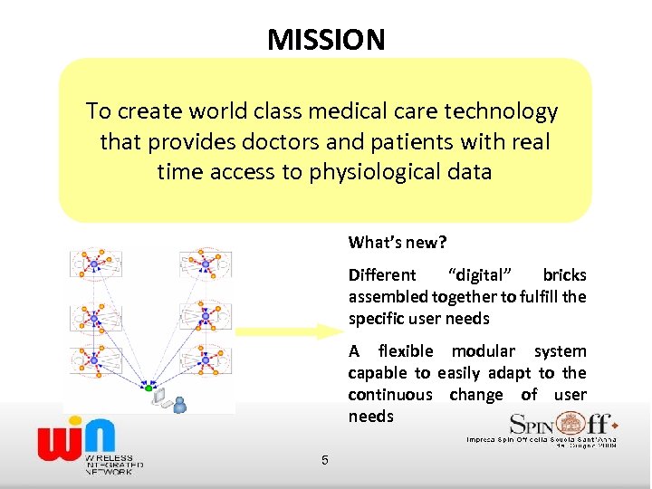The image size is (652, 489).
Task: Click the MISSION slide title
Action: [326, 40]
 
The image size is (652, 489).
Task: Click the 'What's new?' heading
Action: [398, 243]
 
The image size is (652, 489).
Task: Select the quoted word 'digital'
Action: [480, 275]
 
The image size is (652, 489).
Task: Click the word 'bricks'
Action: [564, 275]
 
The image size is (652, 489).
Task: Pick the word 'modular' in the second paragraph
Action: [484, 351]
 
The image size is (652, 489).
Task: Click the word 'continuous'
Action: [390, 395]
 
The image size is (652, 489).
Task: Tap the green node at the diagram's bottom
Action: [149, 388]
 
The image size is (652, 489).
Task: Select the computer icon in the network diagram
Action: [160, 395]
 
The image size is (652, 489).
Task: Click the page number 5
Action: [324, 461]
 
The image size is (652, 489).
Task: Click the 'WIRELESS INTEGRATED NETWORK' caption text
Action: [109, 465]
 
